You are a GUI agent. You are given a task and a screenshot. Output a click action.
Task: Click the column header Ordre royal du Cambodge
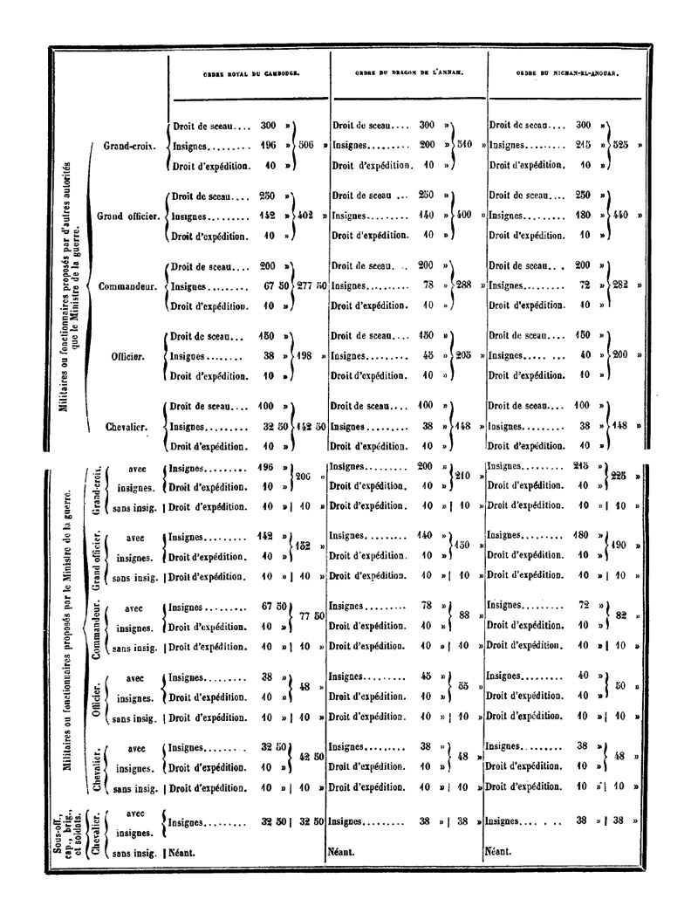click(247, 75)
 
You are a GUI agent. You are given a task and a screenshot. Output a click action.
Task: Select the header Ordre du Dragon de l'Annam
click(407, 75)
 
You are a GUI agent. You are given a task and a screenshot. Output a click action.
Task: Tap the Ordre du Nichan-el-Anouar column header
click(567, 75)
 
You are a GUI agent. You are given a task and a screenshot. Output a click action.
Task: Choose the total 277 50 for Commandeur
click(311, 285)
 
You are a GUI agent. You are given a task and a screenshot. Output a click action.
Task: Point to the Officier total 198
click(304, 356)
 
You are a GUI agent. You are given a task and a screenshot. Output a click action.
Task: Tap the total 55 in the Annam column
click(464, 687)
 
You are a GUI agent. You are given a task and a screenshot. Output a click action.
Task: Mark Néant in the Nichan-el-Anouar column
click(498, 827)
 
